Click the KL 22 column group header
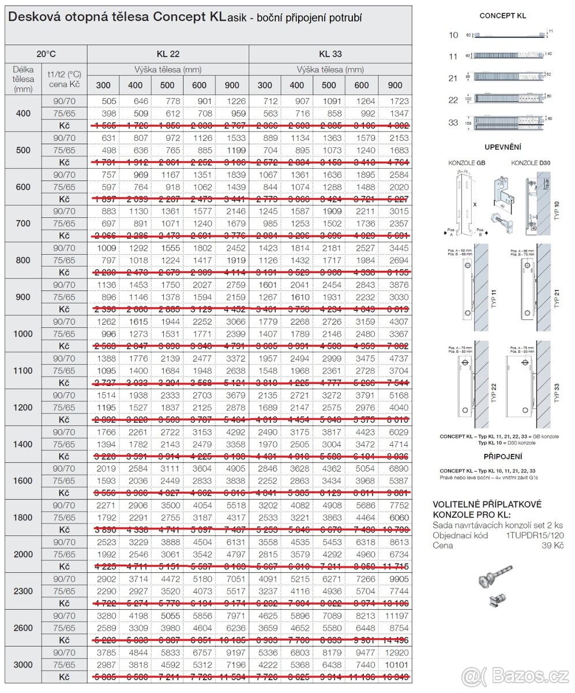(x=168, y=54)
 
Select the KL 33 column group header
(x=330, y=54)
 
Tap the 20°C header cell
(x=46, y=54)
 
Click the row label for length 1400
(x=23, y=444)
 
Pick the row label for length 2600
(x=23, y=628)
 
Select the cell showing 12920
(x=396, y=653)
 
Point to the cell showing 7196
(x=232, y=665)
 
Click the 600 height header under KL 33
(x=361, y=85)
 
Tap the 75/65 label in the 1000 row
(x=64, y=334)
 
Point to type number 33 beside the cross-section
(x=454, y=122)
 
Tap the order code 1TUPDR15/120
(x=535, y=535)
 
